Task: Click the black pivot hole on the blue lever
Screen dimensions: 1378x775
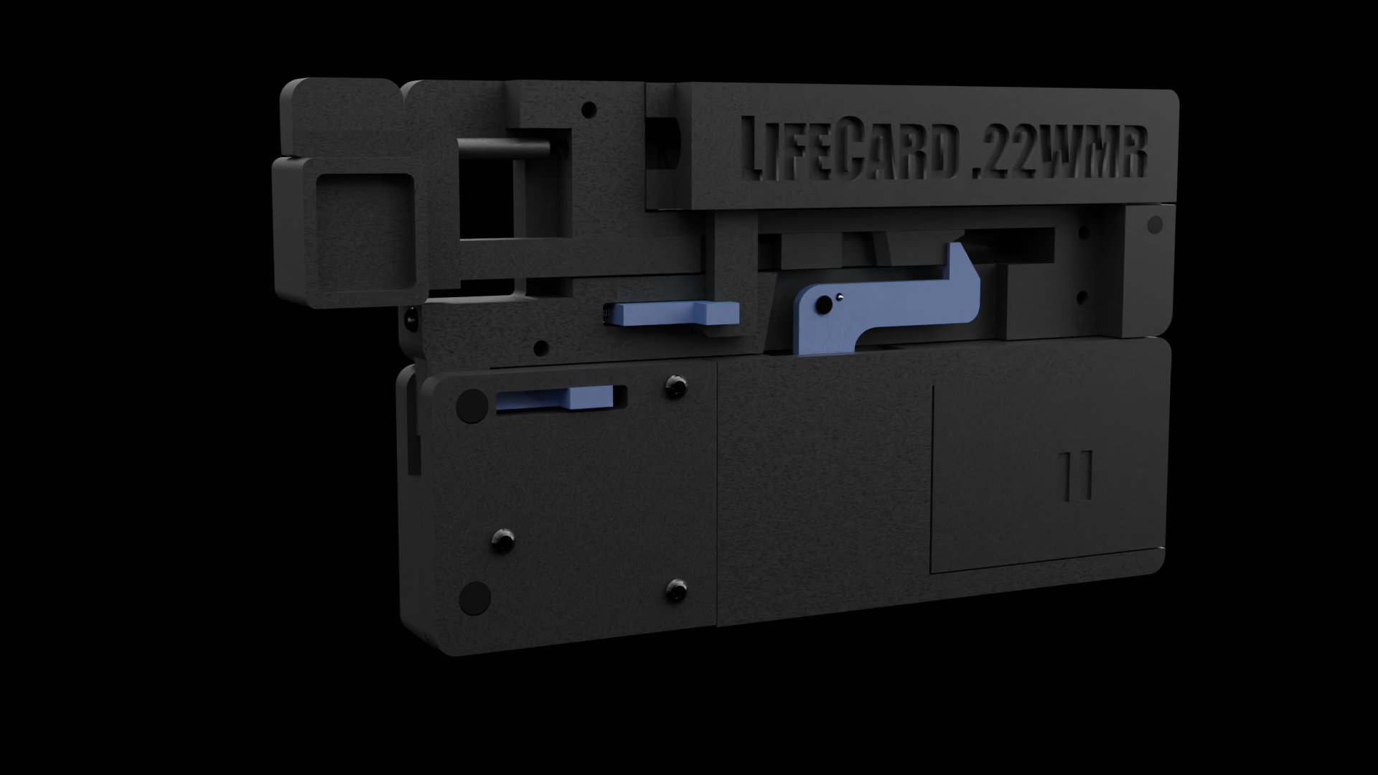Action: [x=826, y=305]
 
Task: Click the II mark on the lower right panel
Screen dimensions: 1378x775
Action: [x=1077, y=474]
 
